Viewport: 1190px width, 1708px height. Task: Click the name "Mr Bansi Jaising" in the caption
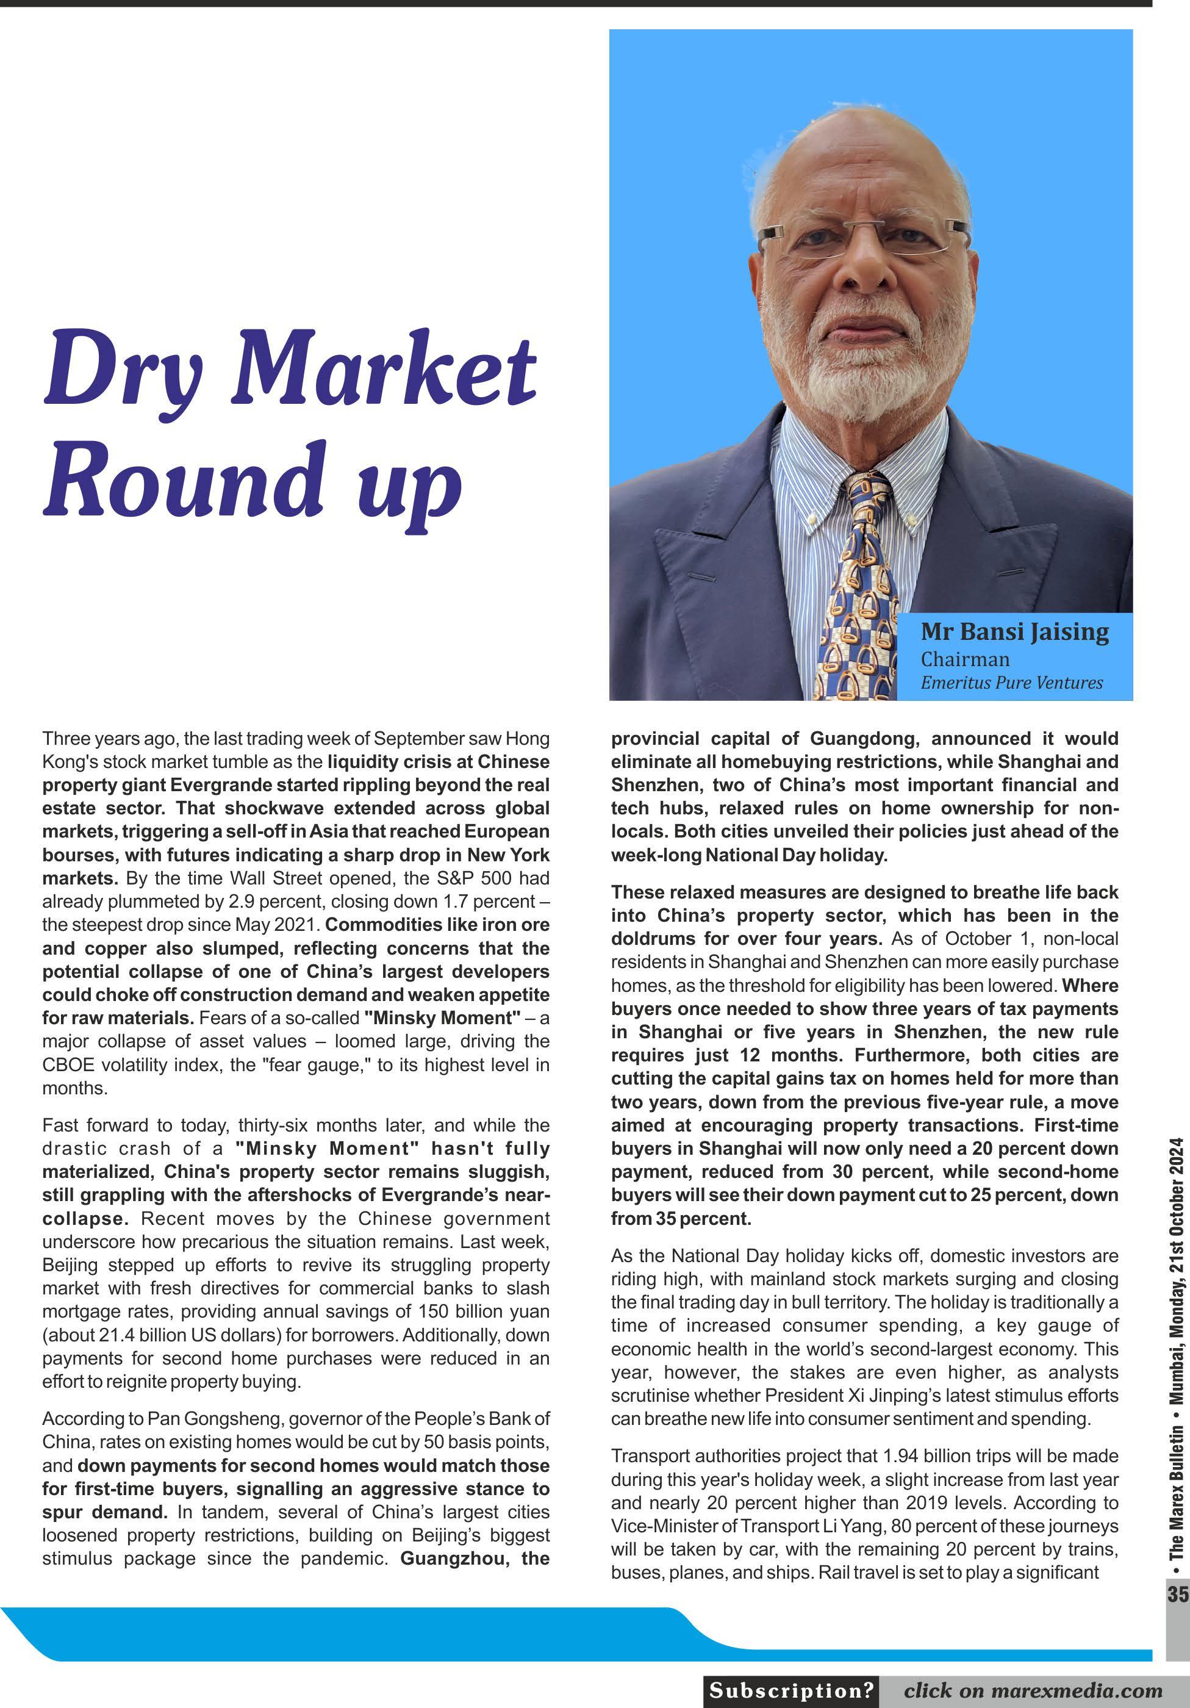coord(1014,631)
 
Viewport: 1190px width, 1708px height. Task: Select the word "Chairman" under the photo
coord(966,659)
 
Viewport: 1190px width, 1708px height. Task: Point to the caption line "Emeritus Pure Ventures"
coord(1011,682)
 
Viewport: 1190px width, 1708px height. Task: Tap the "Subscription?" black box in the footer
coord(791,1690)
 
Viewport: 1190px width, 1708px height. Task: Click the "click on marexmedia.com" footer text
coord(1032,1690)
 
